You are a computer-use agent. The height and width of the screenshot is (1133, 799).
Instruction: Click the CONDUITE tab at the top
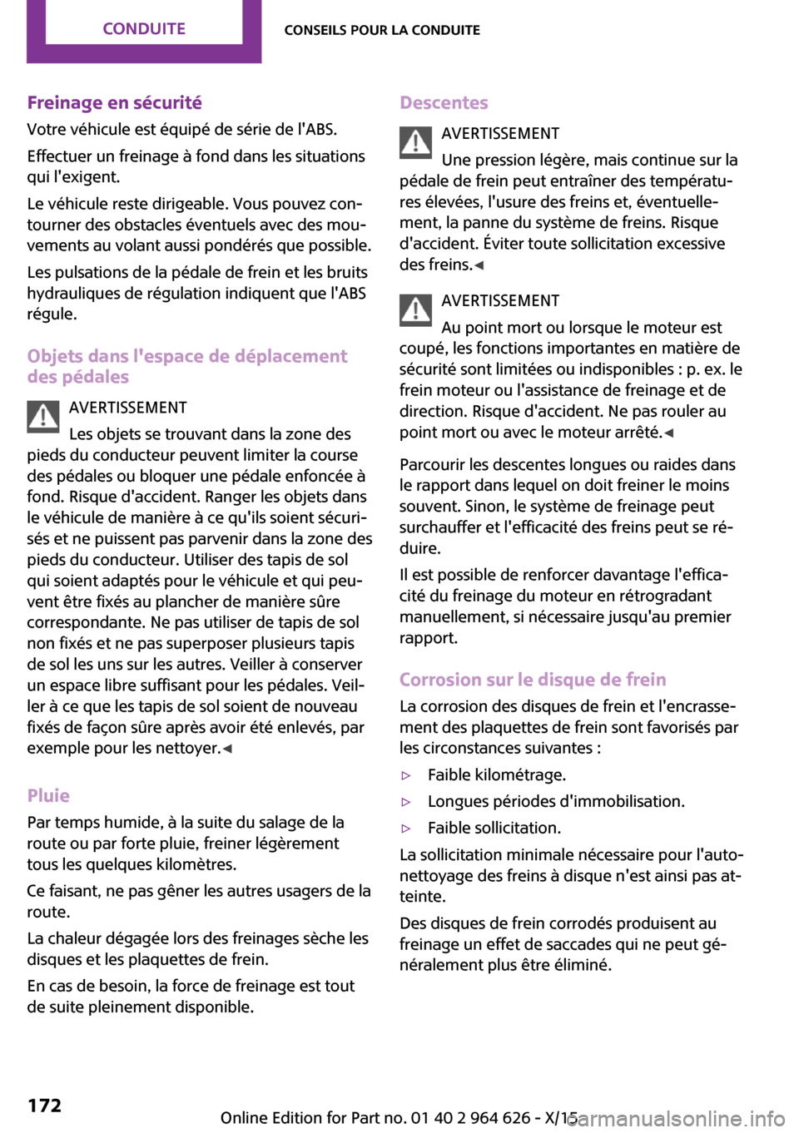(x=144, y=29)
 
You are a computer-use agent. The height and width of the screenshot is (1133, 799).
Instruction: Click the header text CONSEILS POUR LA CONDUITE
(x=382, y=30)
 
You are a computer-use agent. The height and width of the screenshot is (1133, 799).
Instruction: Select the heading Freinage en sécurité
(x=114, y=102)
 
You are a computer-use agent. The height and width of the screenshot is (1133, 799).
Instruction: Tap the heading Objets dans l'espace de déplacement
(x=186, y=356)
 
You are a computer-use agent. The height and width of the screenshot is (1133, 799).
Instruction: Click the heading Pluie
(x=48, y=795)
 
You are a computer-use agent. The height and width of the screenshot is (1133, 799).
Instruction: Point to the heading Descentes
(x=444, y=102)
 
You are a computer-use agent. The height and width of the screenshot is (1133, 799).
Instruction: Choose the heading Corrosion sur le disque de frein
(x=533, y=680)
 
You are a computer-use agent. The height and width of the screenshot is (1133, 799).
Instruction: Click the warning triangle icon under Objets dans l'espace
(x=43, y=417)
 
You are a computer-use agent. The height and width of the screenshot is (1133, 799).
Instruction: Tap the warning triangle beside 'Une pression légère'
(x=415, y=142)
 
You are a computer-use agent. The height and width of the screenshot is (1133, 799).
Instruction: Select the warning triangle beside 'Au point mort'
(x=415, y=309)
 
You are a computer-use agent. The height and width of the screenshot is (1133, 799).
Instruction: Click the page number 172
(x=44, y=1105)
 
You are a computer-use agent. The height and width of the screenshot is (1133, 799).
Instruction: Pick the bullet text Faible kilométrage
(x=496, y=774)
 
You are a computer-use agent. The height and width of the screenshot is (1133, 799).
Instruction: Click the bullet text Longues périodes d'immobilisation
(x=555, y=801)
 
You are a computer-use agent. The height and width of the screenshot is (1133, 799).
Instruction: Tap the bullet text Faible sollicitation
(x=494, y=828)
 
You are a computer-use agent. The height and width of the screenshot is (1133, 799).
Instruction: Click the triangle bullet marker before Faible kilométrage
(x=406, y=775)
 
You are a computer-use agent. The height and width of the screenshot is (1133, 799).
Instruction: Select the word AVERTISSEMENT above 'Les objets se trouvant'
(x=127, y=408)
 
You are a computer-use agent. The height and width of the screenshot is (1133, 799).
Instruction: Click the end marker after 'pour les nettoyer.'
(x=228, y=749)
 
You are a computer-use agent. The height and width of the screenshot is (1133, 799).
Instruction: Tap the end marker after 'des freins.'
(x=479, y=265)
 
